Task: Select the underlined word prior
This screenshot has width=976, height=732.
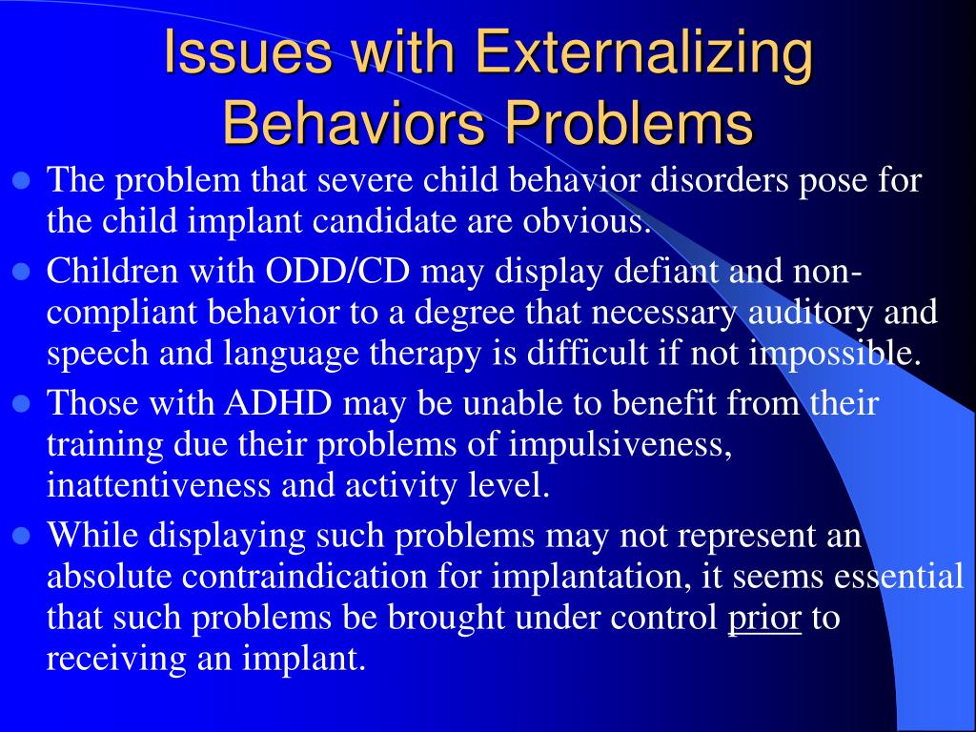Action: [x=764, y=618]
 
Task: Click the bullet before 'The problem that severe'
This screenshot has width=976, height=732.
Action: [x=24, y=180]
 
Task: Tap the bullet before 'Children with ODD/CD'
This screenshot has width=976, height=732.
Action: [x=24, y=272]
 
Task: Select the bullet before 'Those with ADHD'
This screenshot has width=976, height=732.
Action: [x=24, y=403]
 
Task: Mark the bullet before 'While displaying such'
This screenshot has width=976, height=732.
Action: [x=24, y=536]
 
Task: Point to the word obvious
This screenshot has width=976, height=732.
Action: [x=585, y=222]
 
